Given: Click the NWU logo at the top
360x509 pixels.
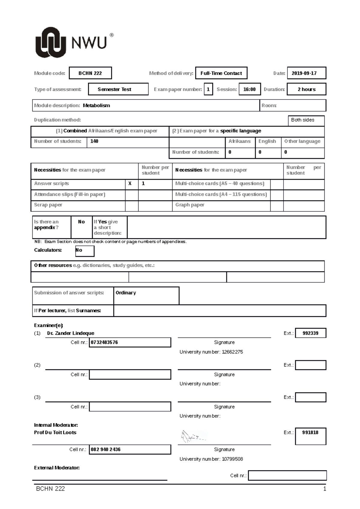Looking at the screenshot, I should [x=73, y=43].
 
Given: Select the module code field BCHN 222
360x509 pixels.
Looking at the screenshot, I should [x=90, y=73].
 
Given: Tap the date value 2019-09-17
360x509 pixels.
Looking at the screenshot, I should [x=306, y=73].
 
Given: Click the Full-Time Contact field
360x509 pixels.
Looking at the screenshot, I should [x=221, y=73].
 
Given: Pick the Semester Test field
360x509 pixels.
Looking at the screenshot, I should [x=118, y=89].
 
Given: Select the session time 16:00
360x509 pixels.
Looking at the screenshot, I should [x=249, y=89].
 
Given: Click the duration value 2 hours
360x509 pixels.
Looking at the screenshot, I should [x=306, y=89].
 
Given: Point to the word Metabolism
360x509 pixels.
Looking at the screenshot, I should [x=96, y=106].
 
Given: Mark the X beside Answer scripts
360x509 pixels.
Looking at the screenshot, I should [x=130, y=183].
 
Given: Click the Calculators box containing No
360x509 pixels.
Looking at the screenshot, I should [x=84, y=251].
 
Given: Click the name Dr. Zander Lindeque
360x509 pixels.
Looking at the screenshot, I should [x=70, y=333].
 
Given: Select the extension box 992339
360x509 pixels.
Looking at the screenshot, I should [x=310, y=333].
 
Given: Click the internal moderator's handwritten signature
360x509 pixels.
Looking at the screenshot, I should [x=192, y=437].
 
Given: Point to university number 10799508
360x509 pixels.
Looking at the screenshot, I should [x=232, y=459].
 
